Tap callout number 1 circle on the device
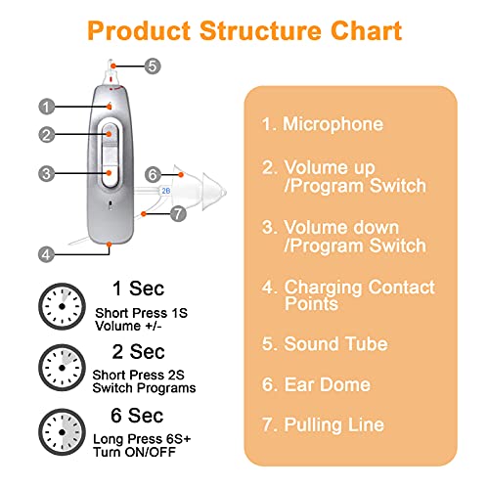[46, 106]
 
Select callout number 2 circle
[46, 134]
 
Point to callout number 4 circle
[46, 253]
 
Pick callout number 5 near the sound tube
[152, 67]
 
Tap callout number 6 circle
[152, 174]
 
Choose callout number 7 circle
[178, 212]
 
